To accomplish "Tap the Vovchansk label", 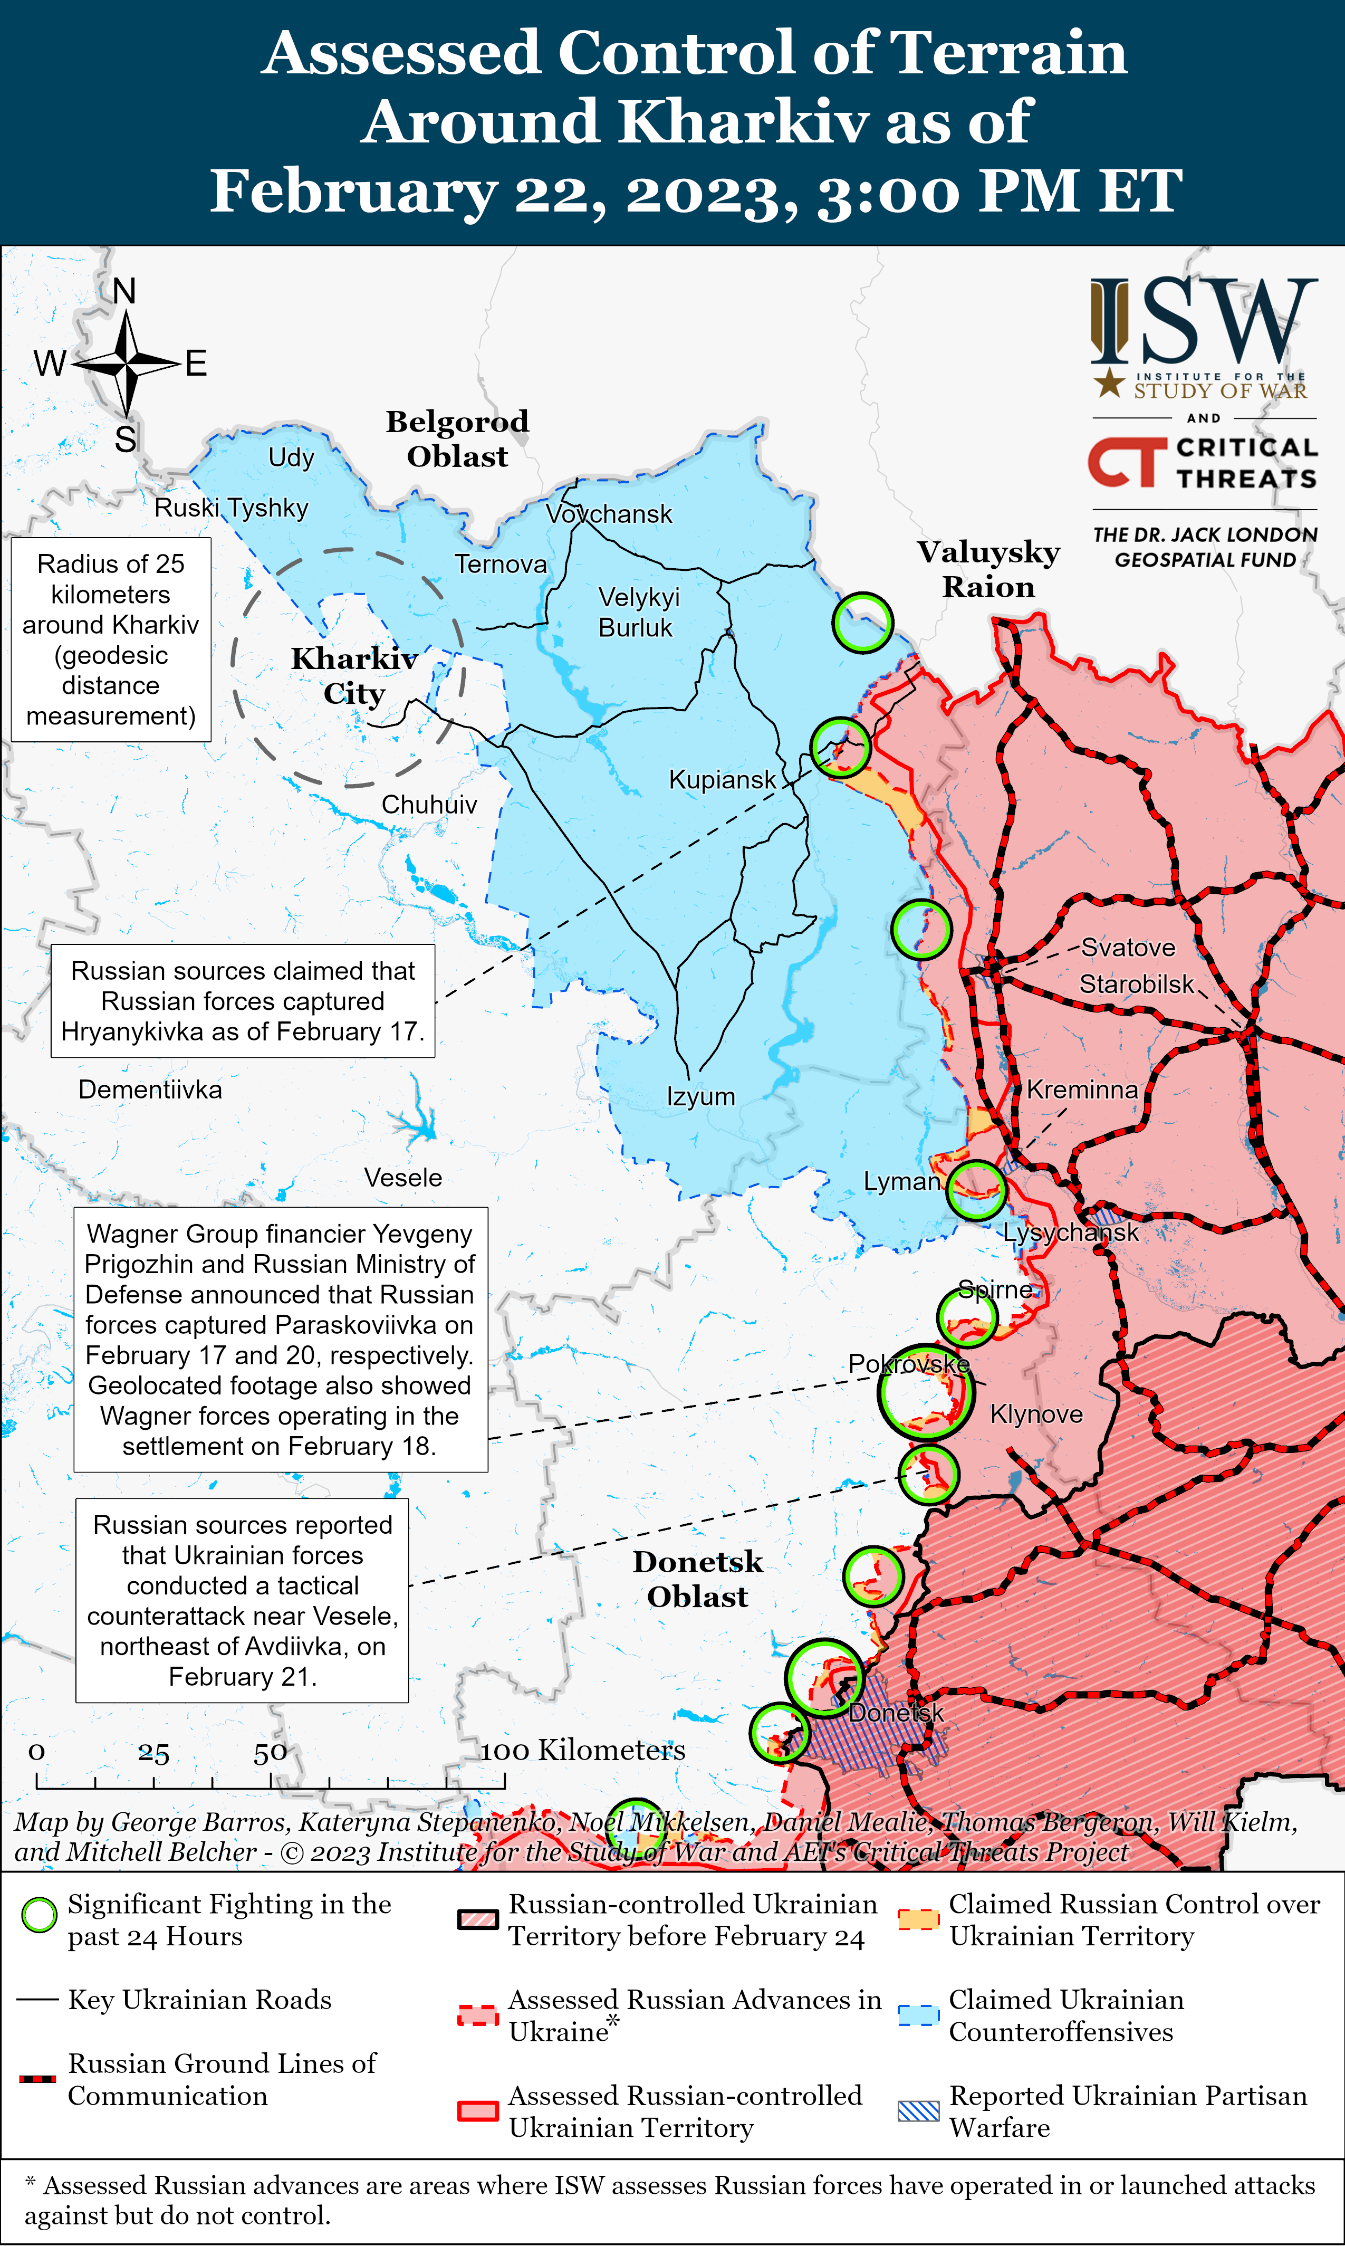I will pos(609,514).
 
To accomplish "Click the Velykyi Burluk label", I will pos(638,612).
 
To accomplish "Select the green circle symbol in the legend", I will pos(39,1915).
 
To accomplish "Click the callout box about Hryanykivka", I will pos(243,1001).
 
